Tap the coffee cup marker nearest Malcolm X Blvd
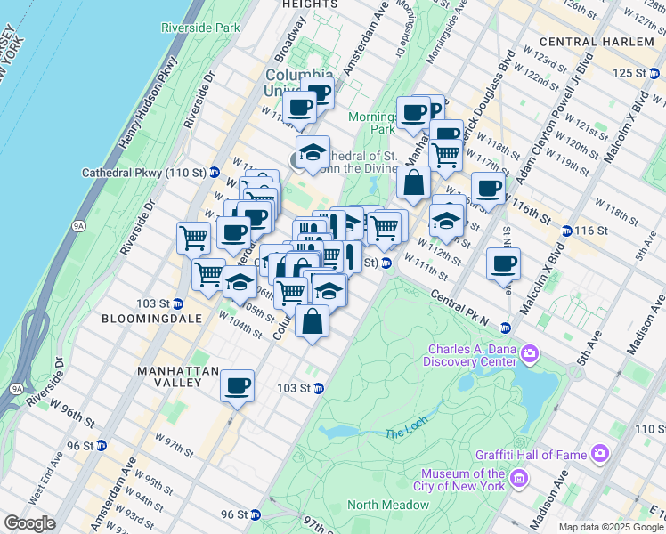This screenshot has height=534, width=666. pyautogui.click(x=504, y=264)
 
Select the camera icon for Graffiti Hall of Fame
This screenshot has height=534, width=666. pyautogui.click(x=600, y=454)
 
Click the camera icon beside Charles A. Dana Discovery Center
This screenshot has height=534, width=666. pyautogui.click(x=530, y=355)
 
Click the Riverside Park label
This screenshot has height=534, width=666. pyautogui.click(x=201, y=28)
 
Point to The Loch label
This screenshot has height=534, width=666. pyautogui.click(x=406, y=433)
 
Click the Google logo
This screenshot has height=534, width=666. pyautogui.click(x=29, y=523)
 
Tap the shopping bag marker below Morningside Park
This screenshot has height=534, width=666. pyautogui.click(x=414, y=184)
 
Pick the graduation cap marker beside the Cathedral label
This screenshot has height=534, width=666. pyautogui.click(x=313, y=154)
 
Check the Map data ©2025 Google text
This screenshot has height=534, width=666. pyautogui.click(x=610, y=527)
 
